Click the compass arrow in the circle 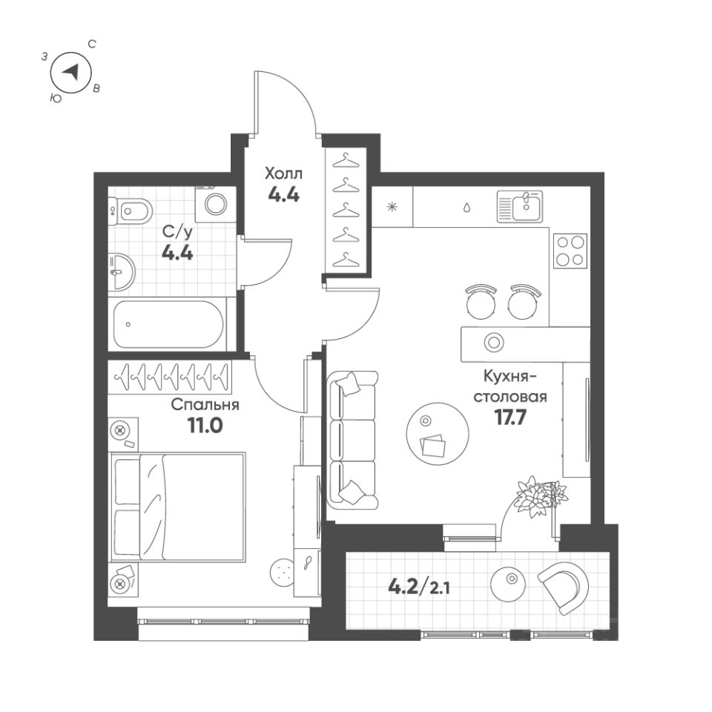coord(70,72)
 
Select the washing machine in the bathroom coord(216,205)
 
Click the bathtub coord(169,324)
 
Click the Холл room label coord(284,174)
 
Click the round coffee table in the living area coord(437,432)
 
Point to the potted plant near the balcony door coord(538,495)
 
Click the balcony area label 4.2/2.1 coord(419,589)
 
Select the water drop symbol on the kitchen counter coord(467,207)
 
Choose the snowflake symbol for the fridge coord(392,206)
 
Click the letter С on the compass coord(91,44)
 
